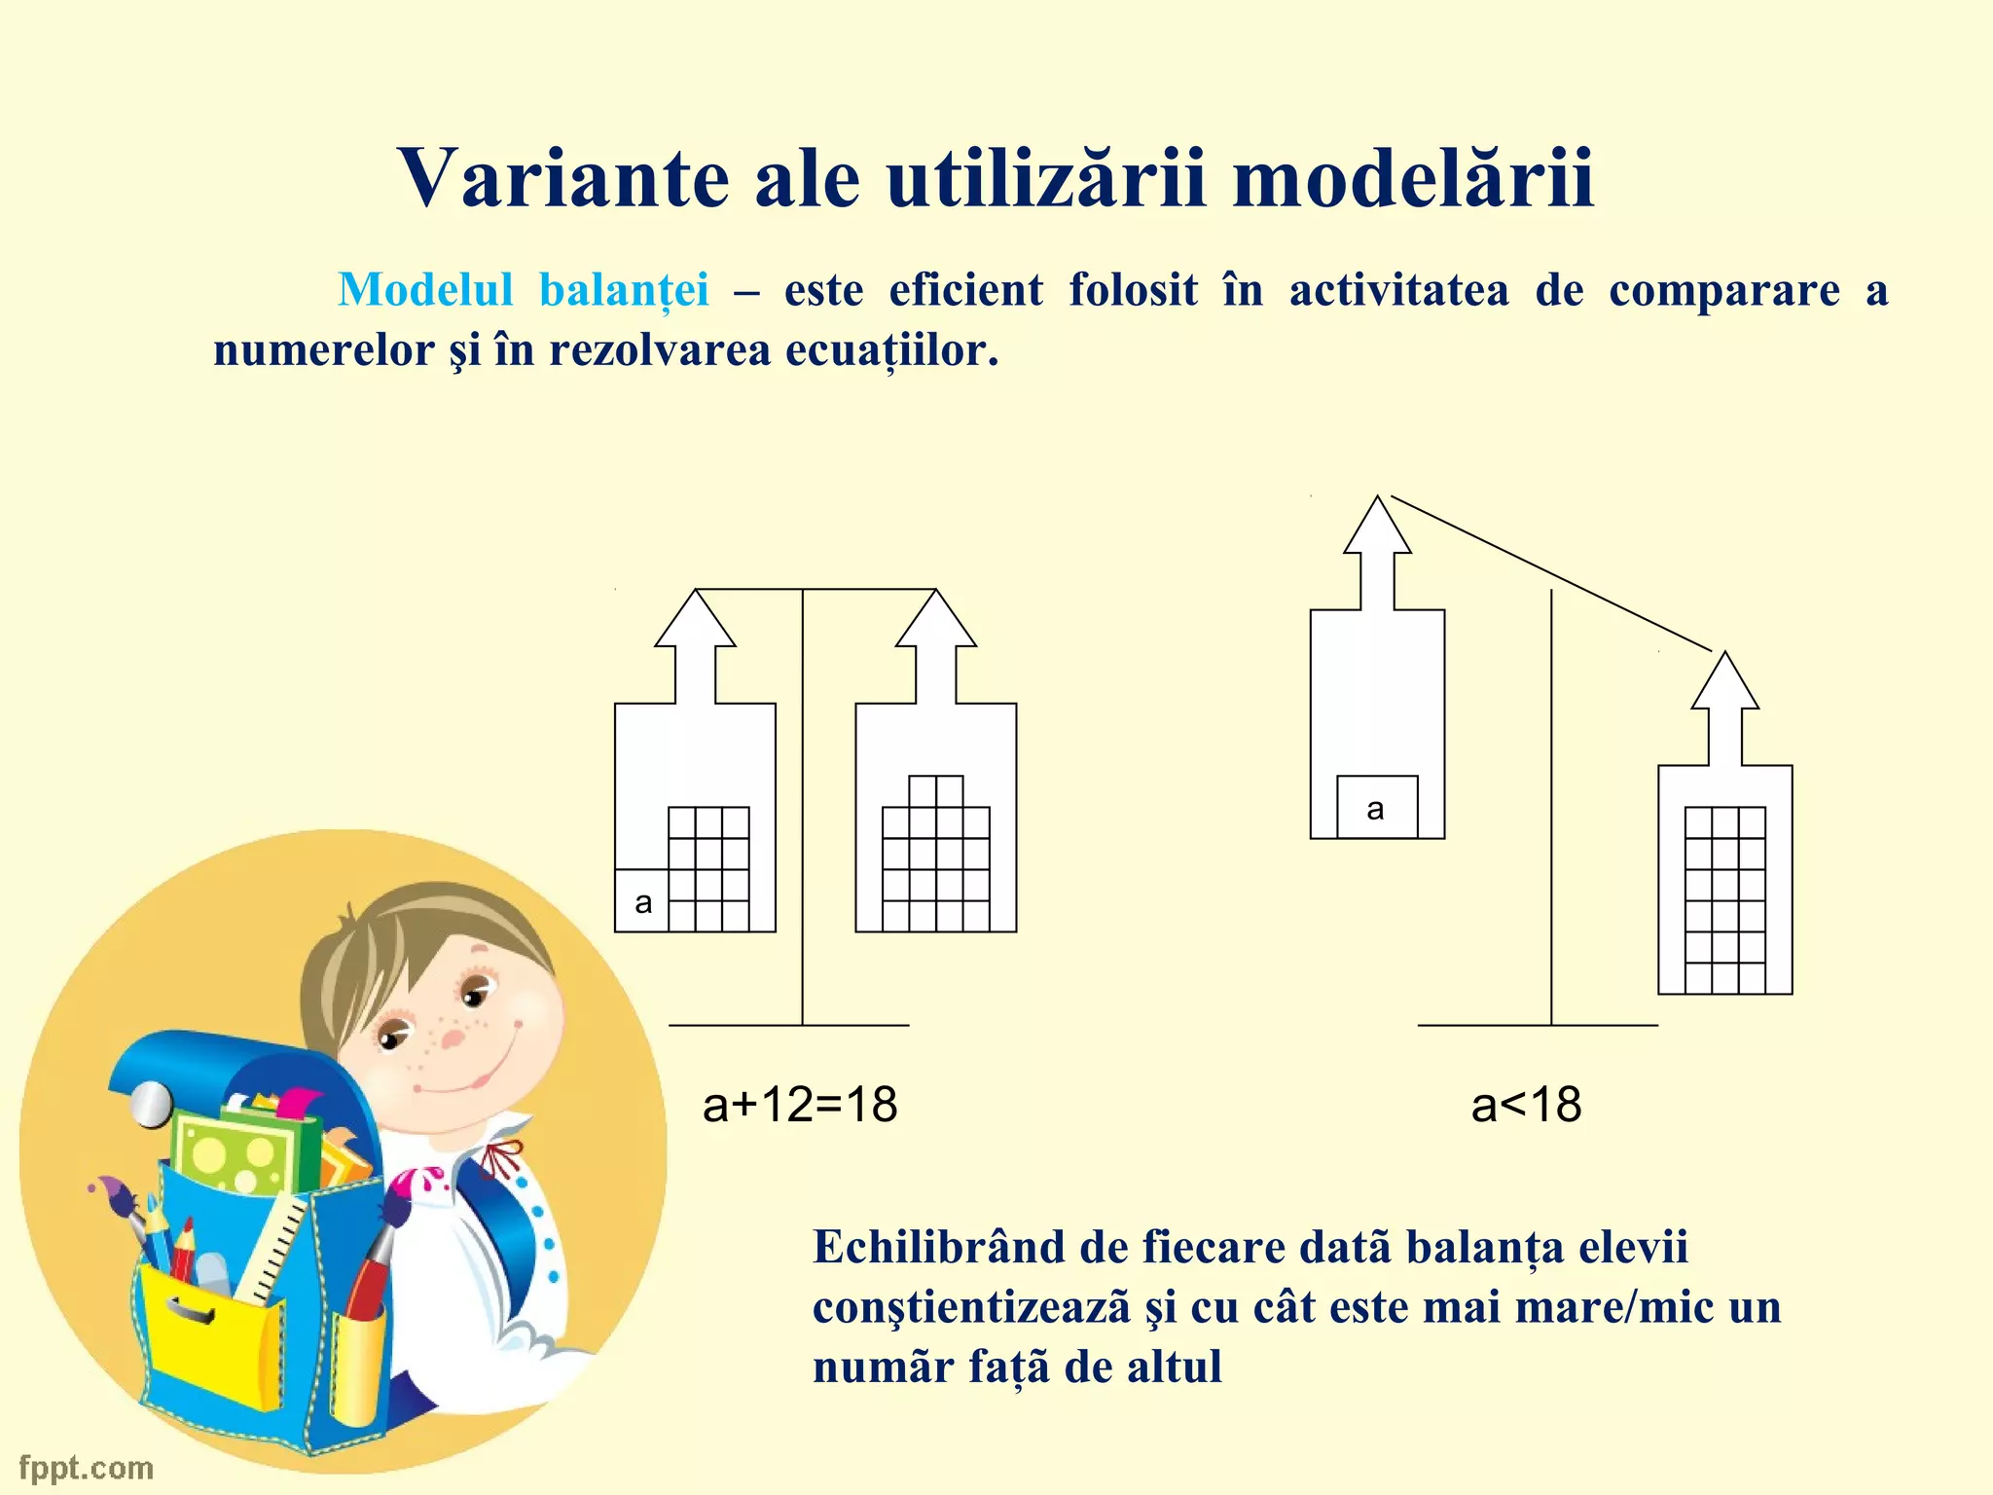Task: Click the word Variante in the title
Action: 562,178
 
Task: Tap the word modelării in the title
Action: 1412,178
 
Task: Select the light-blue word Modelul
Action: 425,290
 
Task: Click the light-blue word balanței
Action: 624,290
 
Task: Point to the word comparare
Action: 1723,290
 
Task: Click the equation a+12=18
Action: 800,1106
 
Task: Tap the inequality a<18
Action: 1526,1106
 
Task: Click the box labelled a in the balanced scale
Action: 642,901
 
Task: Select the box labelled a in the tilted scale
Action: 1376,808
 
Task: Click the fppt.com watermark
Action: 87,1467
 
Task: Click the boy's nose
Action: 453,1038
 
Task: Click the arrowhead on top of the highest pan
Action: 1377,526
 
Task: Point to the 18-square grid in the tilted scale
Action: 1724,899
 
